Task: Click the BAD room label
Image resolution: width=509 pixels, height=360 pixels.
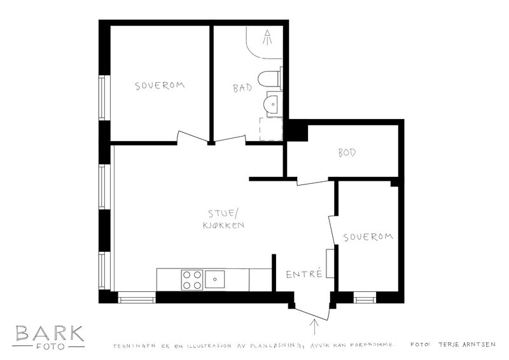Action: (242, 88)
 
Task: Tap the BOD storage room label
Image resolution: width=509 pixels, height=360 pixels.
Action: (347, 153)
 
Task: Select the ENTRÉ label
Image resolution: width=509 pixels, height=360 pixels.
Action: (304, 273)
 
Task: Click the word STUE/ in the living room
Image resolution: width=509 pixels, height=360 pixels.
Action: (223, 214)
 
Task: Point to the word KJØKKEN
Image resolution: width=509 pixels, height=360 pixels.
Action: (224, 225)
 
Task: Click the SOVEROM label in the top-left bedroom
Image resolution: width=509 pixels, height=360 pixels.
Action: (160, 86)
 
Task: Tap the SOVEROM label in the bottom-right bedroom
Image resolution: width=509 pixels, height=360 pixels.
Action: (368, 237)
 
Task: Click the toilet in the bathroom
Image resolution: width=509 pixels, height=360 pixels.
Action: (270, 78)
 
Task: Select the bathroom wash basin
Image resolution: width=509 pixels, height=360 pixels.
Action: (274, 104)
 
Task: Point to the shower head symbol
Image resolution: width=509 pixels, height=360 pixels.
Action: (267, 37)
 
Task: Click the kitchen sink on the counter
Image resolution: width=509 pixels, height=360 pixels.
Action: (214, 279)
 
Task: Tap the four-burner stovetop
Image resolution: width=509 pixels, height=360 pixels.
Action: (192, 280)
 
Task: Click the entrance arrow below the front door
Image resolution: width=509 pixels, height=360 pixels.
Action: (314, 326)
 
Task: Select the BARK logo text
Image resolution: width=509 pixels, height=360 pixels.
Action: (50, 333)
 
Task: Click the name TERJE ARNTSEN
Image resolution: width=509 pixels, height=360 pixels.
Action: (467, 345)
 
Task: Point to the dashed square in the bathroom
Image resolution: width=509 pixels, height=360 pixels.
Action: (271, 129)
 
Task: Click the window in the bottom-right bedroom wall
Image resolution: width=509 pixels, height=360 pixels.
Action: (365, 297)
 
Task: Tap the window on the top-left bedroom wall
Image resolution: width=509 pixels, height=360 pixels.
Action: (102, 98)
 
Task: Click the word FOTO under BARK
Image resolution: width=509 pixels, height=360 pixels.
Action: (50, 347)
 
